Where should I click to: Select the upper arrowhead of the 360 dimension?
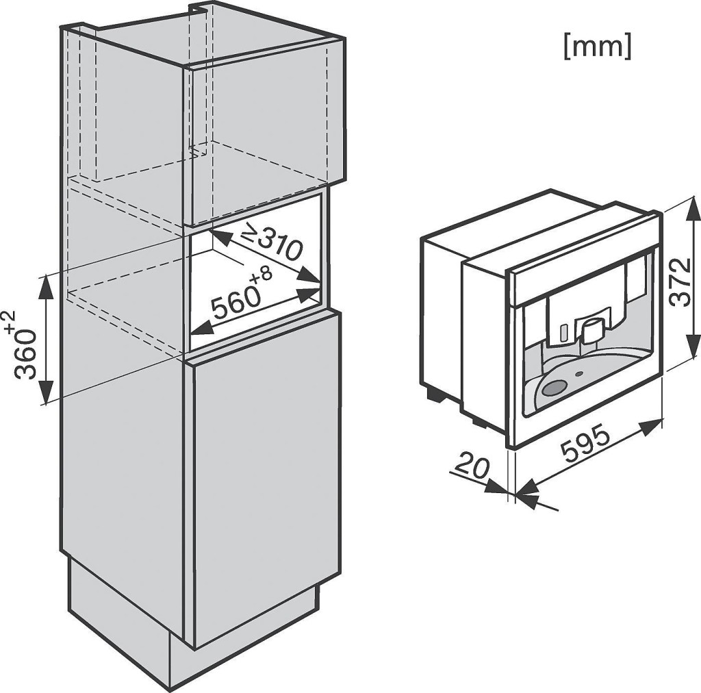(x=46, y=285)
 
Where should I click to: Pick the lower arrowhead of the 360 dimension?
(x=46, y=393)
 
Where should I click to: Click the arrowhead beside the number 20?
(x=495, y=487)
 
